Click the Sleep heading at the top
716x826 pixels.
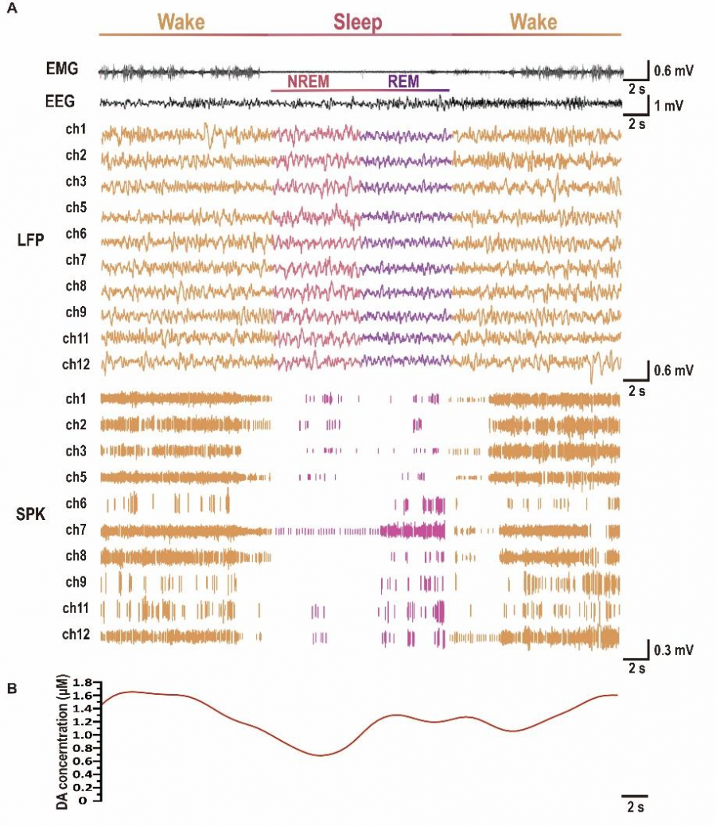click(x=357, y=22)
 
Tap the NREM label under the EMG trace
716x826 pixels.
click(x=308, y=81)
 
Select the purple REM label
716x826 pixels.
click(x=403, y=81)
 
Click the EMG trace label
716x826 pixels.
click(x=62, y=68)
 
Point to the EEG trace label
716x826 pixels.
click(x=60, y=101)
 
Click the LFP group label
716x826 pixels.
click(x=30, y=239)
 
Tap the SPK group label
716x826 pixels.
click(x=30, y=514)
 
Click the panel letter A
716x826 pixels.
click(x=12, y=9)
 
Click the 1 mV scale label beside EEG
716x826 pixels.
click(x=668, y=106)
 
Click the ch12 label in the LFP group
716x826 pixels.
click(x=76, y=364)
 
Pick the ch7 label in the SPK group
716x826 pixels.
click(x=76, y=529)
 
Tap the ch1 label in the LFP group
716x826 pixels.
click(x=76, y=129)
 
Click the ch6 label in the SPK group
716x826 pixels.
click(x=76, y=503)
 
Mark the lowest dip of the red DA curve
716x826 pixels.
click(x=321, y=755)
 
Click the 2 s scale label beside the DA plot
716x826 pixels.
click(x=636, y=806)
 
